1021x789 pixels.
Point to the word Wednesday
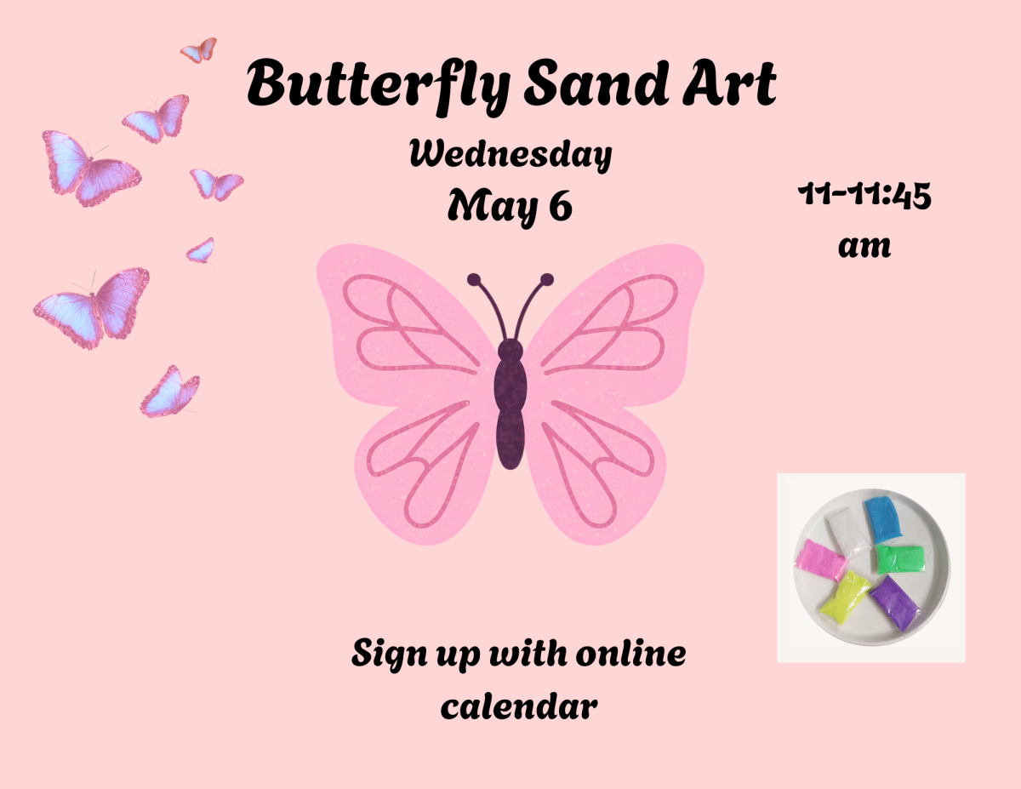tap(510, 155)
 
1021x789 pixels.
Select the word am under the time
tap(864, 247)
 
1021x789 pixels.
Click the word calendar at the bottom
tap(518, 706)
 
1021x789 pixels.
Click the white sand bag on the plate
tap(846, 525)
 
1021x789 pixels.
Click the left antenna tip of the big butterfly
tap(473, 278)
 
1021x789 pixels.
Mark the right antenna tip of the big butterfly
tap(547, 278)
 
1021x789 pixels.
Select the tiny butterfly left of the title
tap(199, 50)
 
